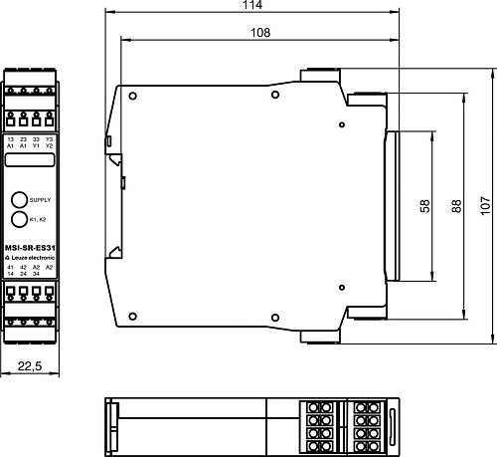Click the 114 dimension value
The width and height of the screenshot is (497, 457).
point(252,6)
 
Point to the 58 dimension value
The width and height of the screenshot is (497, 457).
point(424,206)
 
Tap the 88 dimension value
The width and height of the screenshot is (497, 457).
point(456,206)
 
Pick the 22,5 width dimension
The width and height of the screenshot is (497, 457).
point(29,367)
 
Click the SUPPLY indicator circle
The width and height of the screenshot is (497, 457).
point(19,199)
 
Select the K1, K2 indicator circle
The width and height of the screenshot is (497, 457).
point(19,218)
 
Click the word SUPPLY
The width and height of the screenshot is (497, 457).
point(40,200)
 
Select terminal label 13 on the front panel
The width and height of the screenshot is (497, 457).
point(10,139)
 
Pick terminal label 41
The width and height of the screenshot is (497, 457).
point(10,267)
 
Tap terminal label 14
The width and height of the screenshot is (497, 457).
point(10,274)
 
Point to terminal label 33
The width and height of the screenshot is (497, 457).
point(36,139)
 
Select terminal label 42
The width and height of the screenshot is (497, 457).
point(23,267)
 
